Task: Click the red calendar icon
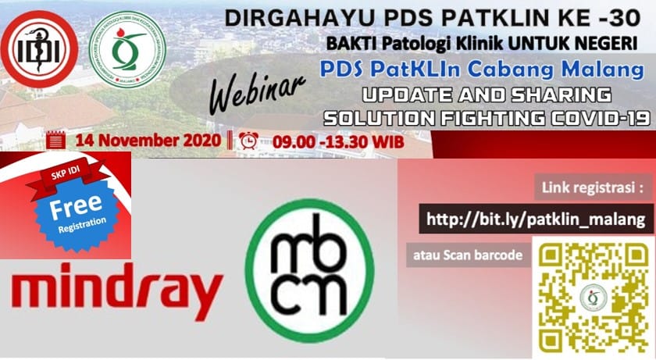click(55, 141)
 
